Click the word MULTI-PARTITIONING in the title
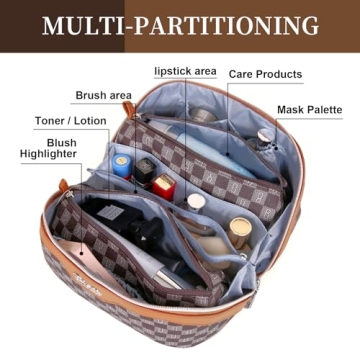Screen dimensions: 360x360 pos(180,24)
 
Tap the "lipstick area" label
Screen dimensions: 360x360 pos(185,72)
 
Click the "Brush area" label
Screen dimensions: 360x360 pos(104,95)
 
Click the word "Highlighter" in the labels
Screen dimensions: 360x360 pos(49,155)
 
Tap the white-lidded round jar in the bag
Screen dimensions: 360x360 pos(196,201)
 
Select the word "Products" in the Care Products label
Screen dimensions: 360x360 pos(286,74)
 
